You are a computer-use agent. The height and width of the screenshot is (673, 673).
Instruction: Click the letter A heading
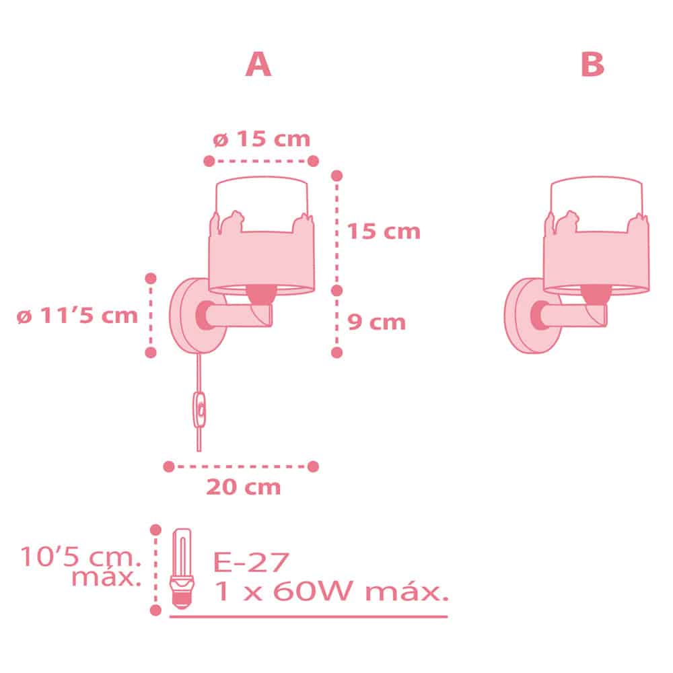(258, 65)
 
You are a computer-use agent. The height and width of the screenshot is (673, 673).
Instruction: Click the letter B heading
(592, 65)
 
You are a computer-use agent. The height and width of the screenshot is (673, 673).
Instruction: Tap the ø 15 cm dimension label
(261, 139)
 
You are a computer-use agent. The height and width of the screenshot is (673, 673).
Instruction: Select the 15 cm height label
(384, 231)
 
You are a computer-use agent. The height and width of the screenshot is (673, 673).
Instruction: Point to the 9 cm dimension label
(376, 322)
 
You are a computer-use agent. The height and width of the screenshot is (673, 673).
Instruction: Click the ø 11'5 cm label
(77, 316)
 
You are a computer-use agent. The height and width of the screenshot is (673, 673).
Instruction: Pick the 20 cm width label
(244, 487)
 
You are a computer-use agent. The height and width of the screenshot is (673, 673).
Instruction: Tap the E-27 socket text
(251, 562)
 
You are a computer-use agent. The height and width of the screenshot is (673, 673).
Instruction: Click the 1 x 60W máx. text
(331, 591)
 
